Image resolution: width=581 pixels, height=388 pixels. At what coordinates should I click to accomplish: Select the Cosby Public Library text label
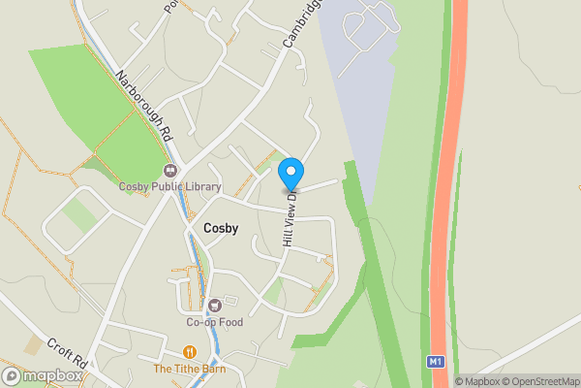coord(170,187)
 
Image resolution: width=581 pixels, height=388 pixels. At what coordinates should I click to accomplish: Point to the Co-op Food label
coord(213,322)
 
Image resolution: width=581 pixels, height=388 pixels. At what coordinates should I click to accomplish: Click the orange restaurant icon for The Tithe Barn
coord(190,352)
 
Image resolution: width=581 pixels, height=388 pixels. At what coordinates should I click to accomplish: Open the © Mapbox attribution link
coord(477,380)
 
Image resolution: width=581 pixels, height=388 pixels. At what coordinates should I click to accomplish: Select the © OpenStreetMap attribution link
coord(539,380)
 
